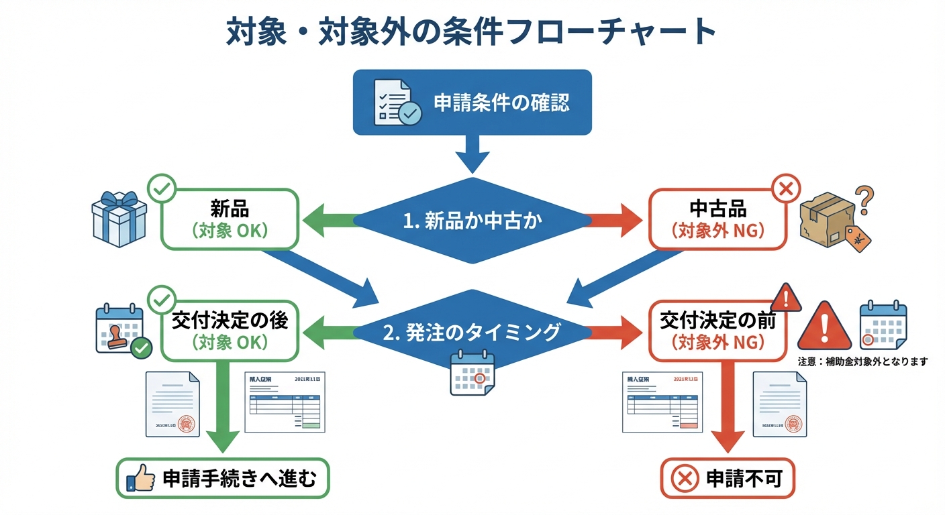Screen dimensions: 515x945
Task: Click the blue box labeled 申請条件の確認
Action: tap(472, 101)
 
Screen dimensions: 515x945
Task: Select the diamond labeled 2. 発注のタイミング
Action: tap(472, 331)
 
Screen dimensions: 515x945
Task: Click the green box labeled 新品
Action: tap(229, 219)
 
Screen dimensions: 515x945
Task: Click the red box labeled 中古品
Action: tap(717, 219)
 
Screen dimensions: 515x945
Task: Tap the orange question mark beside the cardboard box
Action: tap(865, 197)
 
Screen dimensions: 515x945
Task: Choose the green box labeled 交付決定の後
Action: tap(229, 331)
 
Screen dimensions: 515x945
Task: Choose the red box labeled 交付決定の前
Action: tap(717, 331)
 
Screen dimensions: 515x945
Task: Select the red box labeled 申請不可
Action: tap(727, 479)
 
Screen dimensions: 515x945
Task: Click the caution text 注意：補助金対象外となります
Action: tap(862, 361)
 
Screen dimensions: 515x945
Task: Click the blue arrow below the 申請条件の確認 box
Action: tap(472, 154)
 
